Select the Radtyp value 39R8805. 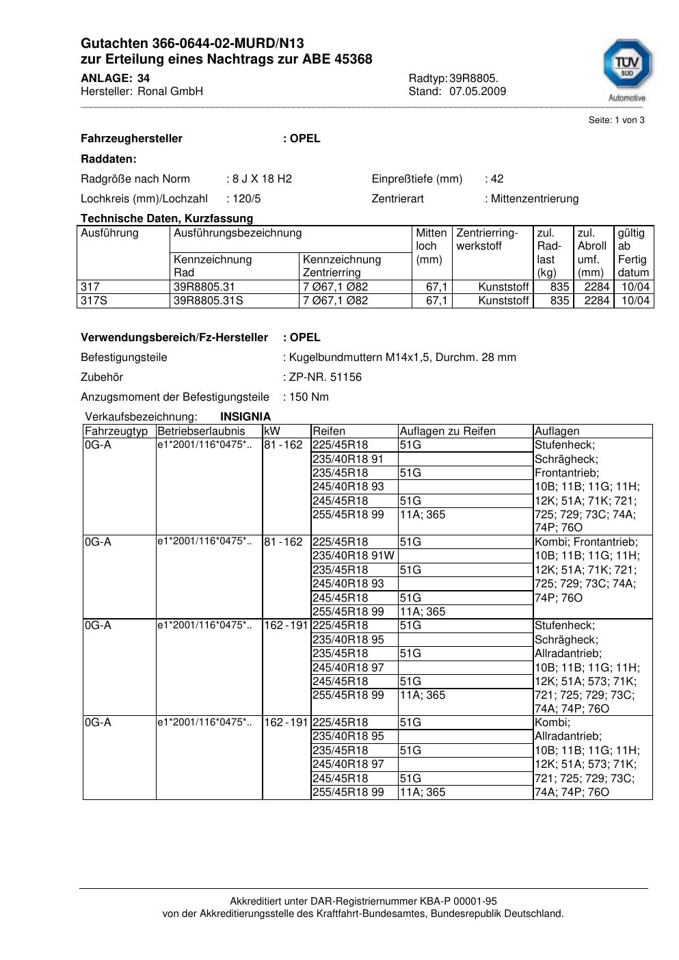473,79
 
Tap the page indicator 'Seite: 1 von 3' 616,120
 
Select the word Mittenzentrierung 535,199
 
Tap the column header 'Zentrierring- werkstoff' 488,239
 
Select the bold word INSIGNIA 245,417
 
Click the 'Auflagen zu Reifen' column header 447,431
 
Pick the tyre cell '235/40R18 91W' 354,556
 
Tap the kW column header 271,431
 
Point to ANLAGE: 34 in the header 115,79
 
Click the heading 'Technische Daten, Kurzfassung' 167,219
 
